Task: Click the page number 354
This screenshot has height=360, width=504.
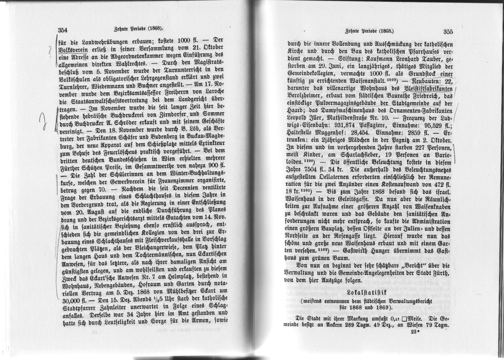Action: pyautogui.click(x=63, y=30)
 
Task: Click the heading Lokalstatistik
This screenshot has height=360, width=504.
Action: pyautogui.click(x=367, y=293)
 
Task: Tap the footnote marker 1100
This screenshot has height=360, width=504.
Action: pyautogui.click(x=309, y=162)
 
